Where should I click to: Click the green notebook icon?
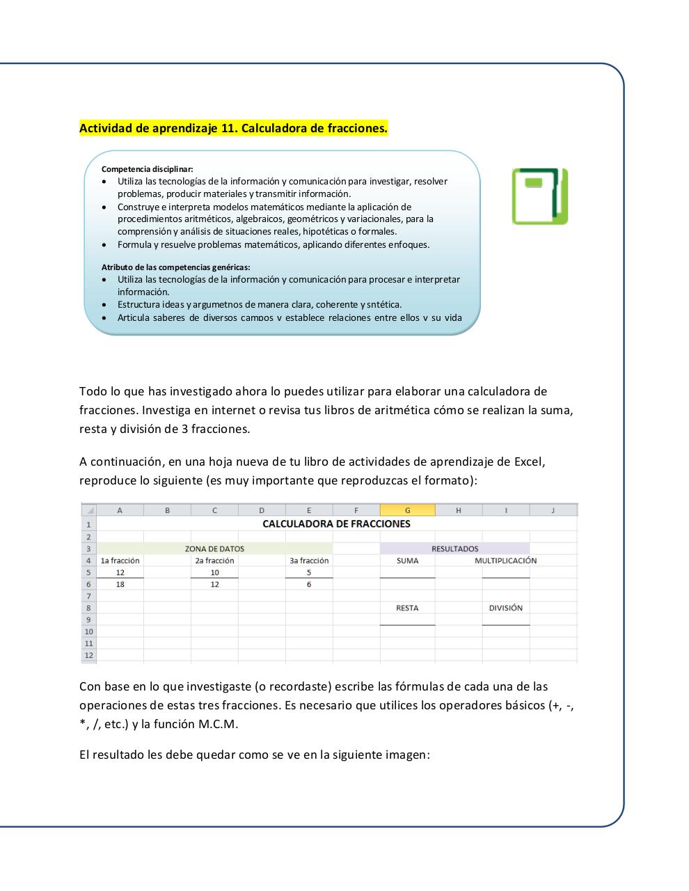[540, 196]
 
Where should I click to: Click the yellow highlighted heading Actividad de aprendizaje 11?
[233, 128]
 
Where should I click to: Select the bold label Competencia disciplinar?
[147, 168]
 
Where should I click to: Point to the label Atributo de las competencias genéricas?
[175, 267]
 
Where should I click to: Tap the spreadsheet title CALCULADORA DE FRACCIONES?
[336, 523]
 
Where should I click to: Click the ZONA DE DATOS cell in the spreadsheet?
[214, 549]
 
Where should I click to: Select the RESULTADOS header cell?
[454, 549]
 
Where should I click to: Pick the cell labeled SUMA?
[407, 560]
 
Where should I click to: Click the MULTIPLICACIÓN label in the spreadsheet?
[505, 560]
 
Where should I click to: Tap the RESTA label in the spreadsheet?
[407, 608]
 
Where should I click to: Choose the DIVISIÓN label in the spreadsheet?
[505, 608]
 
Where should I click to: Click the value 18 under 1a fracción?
[120, 585]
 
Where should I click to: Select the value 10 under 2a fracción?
[214, 573]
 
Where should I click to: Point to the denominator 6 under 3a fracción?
[309, 585]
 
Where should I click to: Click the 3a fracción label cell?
[309, 560]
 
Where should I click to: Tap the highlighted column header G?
[407, 510]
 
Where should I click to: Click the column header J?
[553, 510]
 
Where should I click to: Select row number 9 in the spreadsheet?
[89, 620]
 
